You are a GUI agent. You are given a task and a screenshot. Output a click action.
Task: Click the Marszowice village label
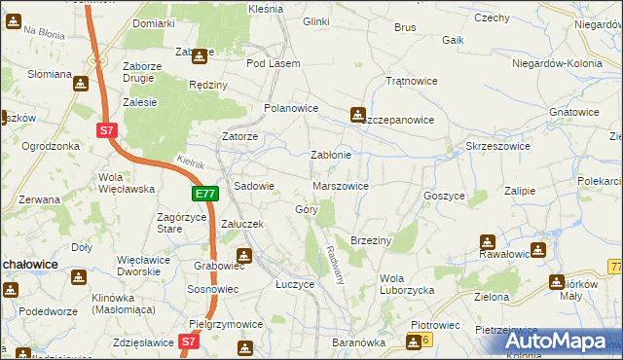point(340,185)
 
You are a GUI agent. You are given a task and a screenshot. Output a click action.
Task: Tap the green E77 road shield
point(204,195)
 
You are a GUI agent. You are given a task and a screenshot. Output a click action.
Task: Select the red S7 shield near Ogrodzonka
point(108,128)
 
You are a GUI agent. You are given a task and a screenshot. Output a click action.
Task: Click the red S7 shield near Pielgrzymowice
point(189,342)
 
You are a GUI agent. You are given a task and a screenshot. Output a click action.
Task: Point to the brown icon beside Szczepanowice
point(358,114)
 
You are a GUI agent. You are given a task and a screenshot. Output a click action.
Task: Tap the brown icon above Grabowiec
point(245,257)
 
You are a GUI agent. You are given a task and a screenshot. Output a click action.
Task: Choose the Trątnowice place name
point(409,81)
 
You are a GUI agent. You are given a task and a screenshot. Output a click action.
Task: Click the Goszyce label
point(443,195)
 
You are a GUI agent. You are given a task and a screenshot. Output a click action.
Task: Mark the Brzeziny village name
point(370,239)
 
